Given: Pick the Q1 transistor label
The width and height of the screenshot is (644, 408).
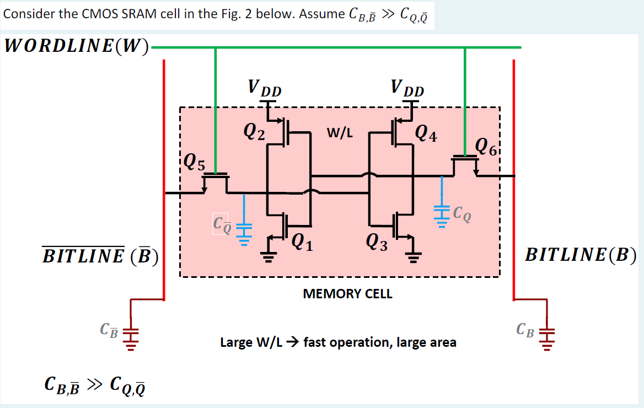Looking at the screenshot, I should point(302,242).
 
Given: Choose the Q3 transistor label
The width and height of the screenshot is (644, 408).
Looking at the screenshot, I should point(376,242).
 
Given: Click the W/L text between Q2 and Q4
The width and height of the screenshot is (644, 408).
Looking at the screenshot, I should point(340,133).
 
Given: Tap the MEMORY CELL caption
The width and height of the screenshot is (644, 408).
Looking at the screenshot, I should point(347,294).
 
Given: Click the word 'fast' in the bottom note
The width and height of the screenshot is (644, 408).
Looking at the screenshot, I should point(316,342).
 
